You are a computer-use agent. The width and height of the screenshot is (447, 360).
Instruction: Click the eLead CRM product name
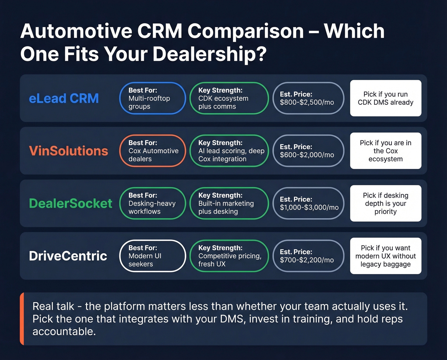coord(64,98)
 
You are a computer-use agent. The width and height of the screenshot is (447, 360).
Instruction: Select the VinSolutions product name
coord(68,151)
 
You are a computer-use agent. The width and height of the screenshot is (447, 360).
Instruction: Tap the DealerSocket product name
coord(71,203)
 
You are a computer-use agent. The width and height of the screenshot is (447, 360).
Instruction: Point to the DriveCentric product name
coord(68,256)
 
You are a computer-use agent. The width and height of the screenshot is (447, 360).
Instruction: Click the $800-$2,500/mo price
coord(307,102)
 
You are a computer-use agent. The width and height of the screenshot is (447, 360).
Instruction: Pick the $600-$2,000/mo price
coord(307,155)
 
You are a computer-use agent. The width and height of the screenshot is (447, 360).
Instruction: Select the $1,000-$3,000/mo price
coord(309,207)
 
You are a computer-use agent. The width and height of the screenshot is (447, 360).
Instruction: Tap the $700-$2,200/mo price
coord(307,260)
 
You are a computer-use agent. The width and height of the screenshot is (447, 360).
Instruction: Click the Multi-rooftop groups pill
coord(153,98)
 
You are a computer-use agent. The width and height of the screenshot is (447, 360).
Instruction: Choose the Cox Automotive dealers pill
coord(153,151)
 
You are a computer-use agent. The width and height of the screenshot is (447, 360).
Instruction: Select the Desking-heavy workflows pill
coord(153,203)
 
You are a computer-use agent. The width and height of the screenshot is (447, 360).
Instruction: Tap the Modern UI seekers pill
coord(153,256)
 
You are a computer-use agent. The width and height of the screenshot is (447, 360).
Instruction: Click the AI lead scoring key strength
coord(229,151)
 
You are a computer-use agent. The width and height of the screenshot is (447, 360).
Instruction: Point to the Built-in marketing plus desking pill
coord(229,203)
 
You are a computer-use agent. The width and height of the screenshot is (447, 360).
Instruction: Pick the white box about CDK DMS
coord(386,98)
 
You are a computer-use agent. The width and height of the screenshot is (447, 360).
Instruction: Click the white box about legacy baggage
coord(386,256)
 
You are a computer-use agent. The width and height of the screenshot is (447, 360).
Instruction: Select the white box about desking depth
coord(386,203)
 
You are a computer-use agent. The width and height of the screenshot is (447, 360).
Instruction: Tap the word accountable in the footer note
coord(64,332)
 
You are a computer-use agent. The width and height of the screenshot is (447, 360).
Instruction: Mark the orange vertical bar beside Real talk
coord(22,319)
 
